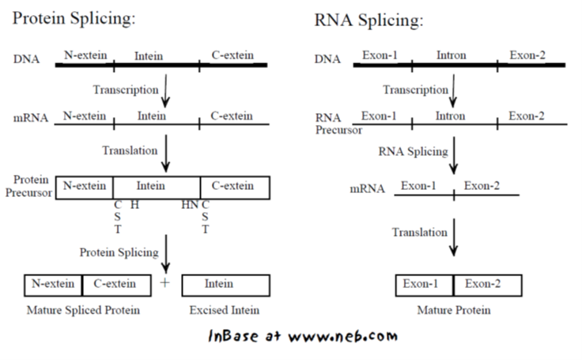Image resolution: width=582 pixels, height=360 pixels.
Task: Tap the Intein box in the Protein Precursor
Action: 156,187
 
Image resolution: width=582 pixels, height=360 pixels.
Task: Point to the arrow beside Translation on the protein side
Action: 166,155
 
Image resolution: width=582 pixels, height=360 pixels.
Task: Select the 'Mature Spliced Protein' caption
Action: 82,310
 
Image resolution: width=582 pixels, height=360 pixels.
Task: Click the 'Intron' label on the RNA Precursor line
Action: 452,116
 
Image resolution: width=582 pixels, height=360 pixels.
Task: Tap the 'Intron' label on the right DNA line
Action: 452,56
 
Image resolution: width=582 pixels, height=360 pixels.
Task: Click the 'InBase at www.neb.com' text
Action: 301,336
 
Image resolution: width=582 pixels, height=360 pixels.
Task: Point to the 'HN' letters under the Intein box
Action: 190,205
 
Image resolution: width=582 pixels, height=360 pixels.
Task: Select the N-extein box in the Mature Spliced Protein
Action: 54,284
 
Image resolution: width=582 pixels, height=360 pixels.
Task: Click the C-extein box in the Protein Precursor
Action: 235,187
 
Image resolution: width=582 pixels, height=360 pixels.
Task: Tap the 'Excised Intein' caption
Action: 226,310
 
